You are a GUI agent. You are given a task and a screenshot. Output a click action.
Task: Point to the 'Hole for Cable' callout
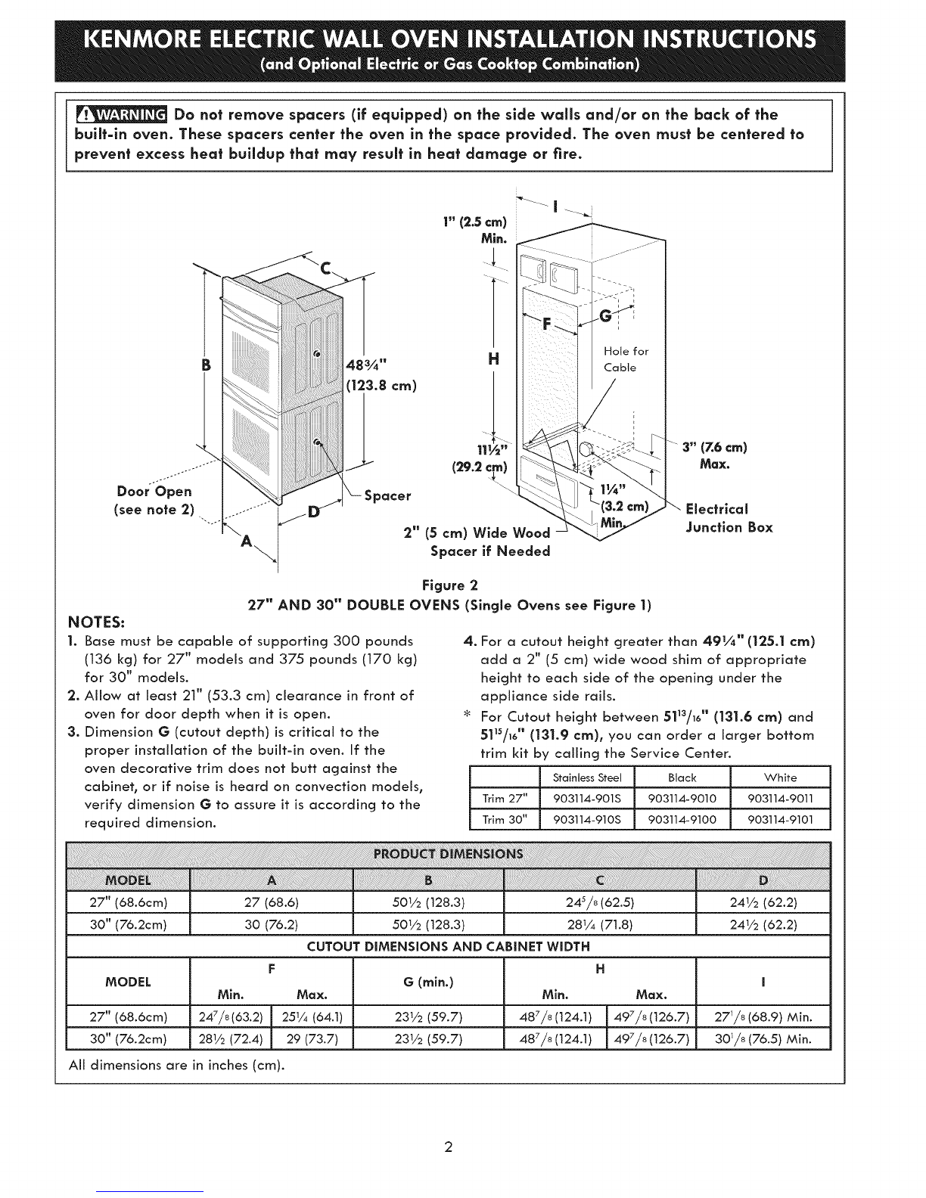click(x=626, y=359)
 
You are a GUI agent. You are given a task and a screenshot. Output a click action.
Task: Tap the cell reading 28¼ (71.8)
click(x=598, y=924)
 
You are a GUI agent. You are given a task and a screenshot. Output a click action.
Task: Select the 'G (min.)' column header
click(x=428, y=982)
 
